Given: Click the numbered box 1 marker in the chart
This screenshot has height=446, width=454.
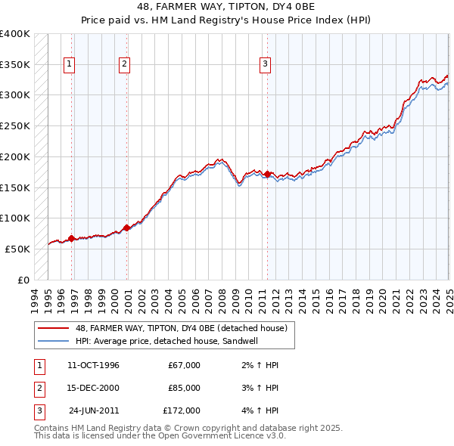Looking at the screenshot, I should click(x=69, y=65).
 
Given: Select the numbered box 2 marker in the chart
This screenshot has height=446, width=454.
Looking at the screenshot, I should click(x=123, y=65).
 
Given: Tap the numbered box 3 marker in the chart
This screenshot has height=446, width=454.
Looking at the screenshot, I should click(x=266, y=65).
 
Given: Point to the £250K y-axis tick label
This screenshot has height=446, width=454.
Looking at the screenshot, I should click(x=15, y=125).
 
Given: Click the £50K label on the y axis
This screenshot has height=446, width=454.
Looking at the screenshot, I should click(x=18, y=249).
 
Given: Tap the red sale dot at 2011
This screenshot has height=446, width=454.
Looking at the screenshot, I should click(x=268, y=174).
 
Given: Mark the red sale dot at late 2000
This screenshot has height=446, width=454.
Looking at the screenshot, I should click(x=126, y=227).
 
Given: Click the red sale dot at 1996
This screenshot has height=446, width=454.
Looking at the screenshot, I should click(x=71, y=238).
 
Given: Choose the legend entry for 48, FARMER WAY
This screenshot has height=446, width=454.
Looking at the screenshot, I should click(x=181, y=328).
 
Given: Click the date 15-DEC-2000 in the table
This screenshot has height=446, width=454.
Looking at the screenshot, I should click(x=93, y=388).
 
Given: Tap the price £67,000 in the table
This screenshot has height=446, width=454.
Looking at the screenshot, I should click(x=184, y=365).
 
